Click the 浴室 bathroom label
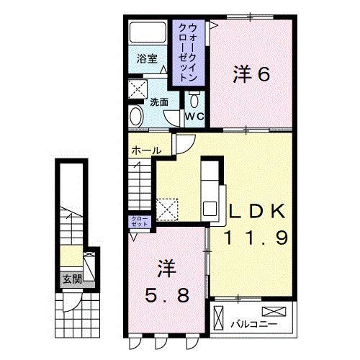click(x=148, y=59)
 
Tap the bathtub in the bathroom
click(x=148, y=34)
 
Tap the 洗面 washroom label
click(x=159, y=102)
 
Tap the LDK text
click(x=258, y=210)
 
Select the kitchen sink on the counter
click(x=211, y=209)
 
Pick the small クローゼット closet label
click(x=139, y=221)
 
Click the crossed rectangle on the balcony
click(x=275, y=312)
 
